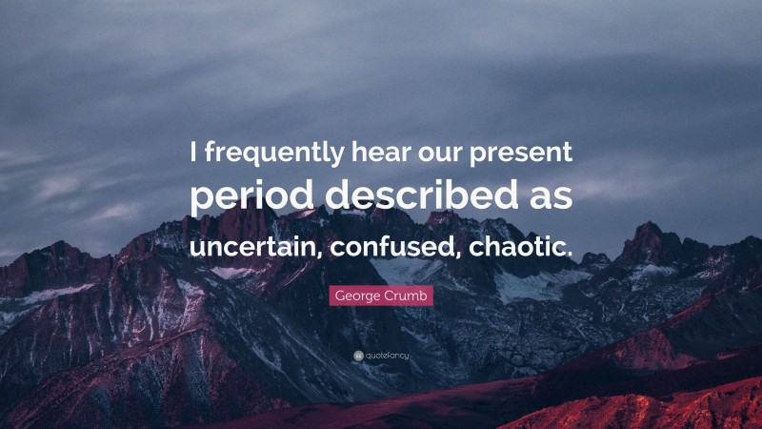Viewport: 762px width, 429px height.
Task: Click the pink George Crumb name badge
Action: [381, 296]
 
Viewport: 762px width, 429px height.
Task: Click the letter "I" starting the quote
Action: [193, 152]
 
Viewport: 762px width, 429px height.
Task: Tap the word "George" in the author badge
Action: [359, 296]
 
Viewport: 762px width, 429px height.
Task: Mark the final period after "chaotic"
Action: [571, 254]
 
